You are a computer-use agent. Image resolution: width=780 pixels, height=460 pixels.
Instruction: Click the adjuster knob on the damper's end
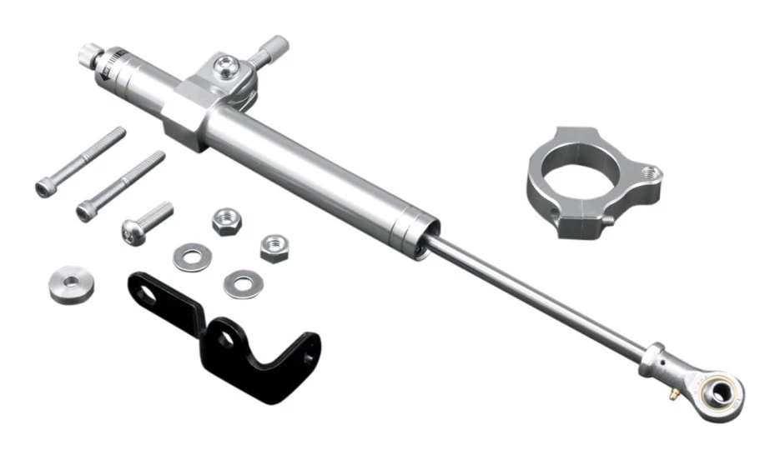(88, 57)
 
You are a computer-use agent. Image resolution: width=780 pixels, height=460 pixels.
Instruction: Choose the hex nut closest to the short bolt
(226, 221)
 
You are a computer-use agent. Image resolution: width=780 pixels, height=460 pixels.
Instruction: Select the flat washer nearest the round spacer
(190, 256)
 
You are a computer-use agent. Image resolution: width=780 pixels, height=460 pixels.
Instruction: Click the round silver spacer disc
(71, 283)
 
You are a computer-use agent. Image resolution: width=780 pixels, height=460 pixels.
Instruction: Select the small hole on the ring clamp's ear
(650, 173)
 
